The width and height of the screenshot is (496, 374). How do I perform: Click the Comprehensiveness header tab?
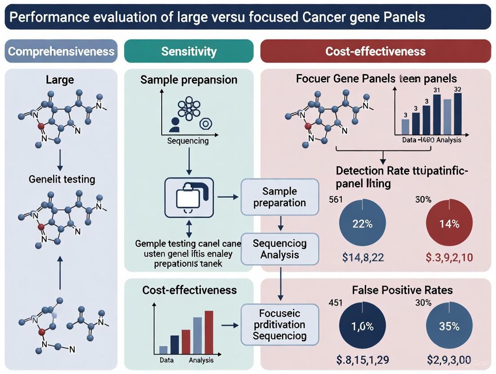61,51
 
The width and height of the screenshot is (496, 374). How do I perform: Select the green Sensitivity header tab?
189,51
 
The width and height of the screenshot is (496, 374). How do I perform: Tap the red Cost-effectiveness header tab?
375,51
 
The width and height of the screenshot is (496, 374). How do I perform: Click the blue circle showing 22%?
362,224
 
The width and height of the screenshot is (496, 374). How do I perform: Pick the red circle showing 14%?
449,224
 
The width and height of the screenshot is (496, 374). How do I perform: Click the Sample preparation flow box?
279,197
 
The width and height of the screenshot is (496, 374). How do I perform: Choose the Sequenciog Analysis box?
279,249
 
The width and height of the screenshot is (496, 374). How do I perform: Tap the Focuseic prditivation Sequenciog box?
279,324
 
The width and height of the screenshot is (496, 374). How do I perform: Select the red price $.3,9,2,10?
449,258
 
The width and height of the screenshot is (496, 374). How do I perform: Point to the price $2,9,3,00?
449,359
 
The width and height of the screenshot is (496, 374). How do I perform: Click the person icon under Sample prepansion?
174,125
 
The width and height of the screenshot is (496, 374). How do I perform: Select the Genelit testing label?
62,179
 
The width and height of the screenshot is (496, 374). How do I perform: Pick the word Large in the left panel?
60,80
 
